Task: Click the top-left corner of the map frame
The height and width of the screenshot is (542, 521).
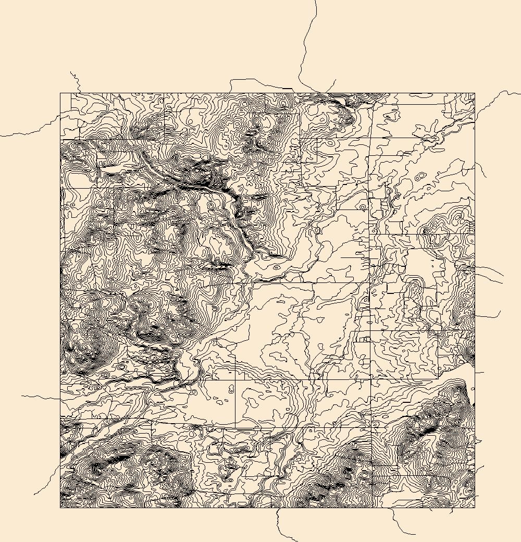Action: click(x=60, y=94)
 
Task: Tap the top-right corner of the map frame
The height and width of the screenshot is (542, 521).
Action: click(x=475, y=94)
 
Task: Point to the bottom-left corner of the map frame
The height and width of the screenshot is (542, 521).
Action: click(x=60, y=508)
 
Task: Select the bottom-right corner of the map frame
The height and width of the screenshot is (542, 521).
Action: click(x=475, y=508)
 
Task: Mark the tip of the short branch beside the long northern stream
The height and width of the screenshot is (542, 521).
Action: click(x=336, y=80)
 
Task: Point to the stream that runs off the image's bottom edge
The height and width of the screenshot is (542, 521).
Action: click(x=281, y=526)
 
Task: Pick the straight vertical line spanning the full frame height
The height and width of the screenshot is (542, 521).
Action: click(x=370, y=313)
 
